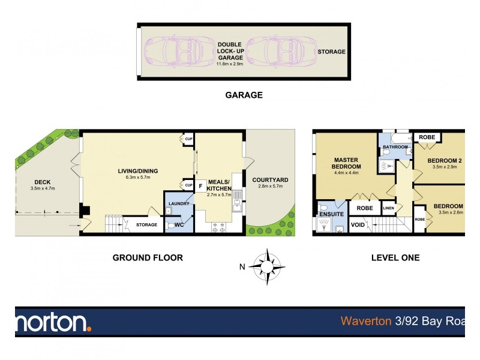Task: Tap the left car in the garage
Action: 176,52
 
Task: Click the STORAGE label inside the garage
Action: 331,52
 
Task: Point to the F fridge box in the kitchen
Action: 200,185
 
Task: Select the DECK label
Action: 42,183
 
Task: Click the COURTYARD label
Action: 270,179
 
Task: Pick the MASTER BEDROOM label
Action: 347,163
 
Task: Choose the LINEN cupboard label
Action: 388,208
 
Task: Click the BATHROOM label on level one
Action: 395,147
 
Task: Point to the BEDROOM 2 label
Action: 445,160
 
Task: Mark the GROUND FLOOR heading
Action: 148,258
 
